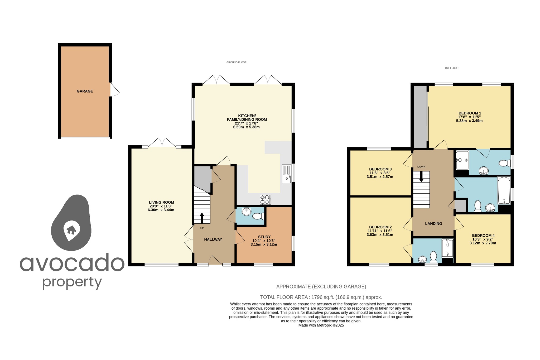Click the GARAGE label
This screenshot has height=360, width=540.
(85, 91)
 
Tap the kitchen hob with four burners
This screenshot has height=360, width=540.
(265, 200)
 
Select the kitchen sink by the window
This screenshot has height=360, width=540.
(287, 174)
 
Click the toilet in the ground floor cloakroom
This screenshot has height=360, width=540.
(258, 216)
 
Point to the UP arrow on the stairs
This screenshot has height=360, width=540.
(202, 218)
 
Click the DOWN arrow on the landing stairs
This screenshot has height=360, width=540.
(421, 176)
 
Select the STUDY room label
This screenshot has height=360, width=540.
(264, 237)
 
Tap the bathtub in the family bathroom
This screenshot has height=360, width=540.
(504, 190)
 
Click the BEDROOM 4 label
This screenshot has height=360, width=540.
(483, 236)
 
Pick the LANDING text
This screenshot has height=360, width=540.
(433, 224)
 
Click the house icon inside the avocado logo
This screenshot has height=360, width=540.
(71, 230)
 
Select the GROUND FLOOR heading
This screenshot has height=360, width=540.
(236, 63)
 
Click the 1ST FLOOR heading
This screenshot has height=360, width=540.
(451, 68)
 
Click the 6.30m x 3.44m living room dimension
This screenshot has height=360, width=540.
(161, 210)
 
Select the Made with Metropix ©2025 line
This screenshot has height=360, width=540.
(321, 325)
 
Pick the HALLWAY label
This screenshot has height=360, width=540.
(213, 239)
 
